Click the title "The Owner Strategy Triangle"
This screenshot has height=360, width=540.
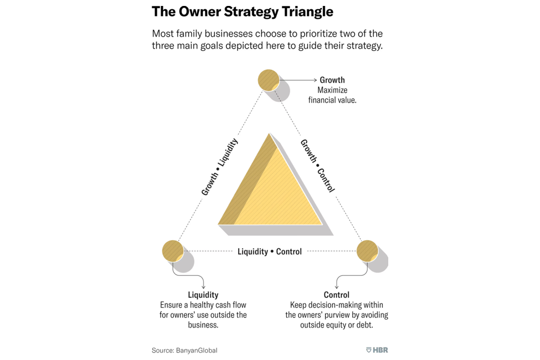(x=242, y=11)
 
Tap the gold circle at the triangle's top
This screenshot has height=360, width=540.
(x=268, y=80)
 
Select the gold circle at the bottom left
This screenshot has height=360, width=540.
(x=173, y=251)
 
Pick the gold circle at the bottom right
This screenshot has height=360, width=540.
(x=367, y=251)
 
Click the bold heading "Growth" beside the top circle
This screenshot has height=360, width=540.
(x=332, y=80)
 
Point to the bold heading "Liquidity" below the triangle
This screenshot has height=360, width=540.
(x=203, y=295)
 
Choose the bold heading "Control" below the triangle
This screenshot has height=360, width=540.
(x=336, y=295)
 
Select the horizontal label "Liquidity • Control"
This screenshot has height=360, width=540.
(x=269, y=252)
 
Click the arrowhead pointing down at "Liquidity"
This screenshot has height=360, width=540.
(x=203, y=286)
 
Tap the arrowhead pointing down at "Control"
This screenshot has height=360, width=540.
(x=336, y=286)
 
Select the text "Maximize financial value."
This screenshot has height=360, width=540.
(x=332, y=95)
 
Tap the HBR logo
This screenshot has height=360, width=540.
(x=377, y=350)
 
